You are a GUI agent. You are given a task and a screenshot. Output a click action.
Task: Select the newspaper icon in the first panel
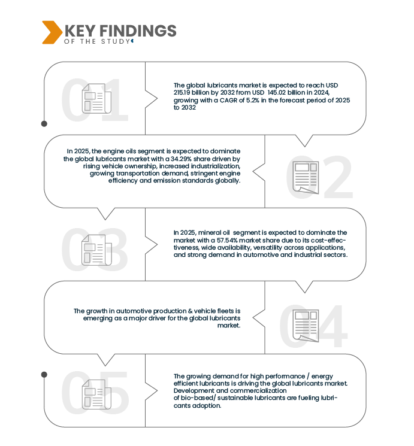[x=96, y=98]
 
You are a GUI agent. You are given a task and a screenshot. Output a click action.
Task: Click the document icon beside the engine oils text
[x=306, y=177]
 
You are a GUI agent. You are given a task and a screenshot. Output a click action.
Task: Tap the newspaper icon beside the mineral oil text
[x=96, y=250]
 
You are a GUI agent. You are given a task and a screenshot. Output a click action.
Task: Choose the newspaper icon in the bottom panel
[x=96, y=394]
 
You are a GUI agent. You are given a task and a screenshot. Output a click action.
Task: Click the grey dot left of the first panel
[x=44, y=124]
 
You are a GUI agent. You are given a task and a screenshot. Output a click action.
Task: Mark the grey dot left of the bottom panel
[x=44, y=374]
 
